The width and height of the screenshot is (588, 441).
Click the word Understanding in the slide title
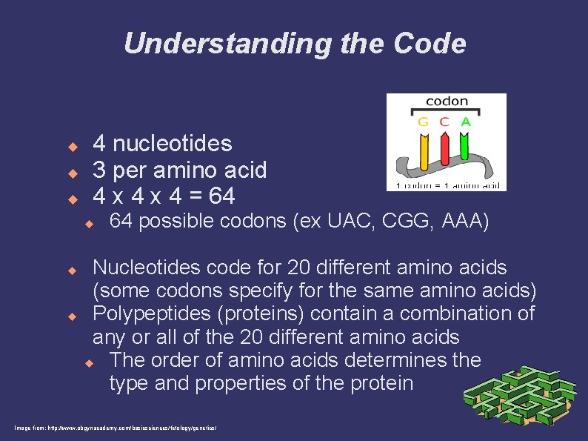tap(229, 44)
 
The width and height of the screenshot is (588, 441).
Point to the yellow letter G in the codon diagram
tap(424, 122)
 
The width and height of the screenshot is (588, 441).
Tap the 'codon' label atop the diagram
tap(447, 102)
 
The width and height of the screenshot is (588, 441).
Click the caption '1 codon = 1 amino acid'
tap(447, 185)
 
